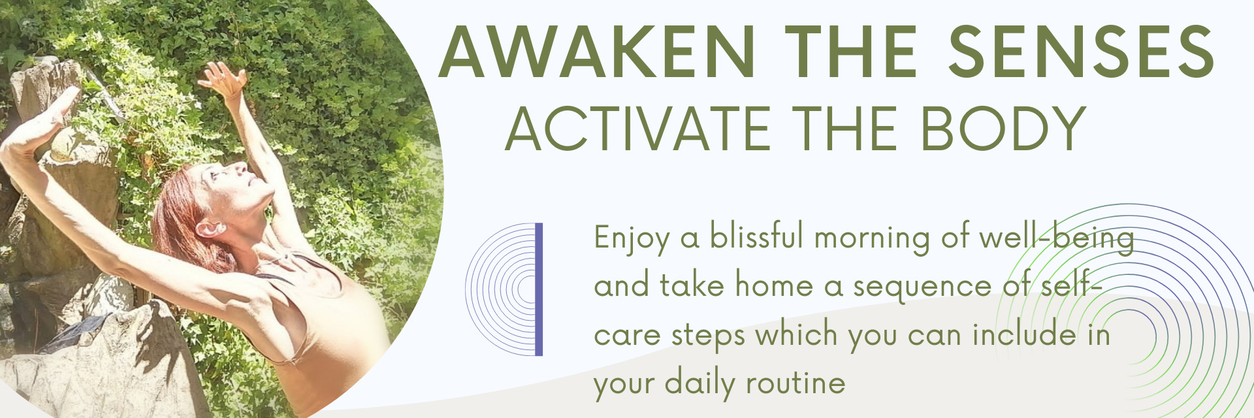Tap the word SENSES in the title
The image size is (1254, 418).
[1081, 52]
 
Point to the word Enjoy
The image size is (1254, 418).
[631, 239]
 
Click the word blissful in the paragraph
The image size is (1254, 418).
[756, 236]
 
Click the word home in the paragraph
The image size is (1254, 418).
[774, 285]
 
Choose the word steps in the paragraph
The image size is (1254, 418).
[708, 336]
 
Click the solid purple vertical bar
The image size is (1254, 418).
[539, 289]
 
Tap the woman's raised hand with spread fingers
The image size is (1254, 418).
[223, 78]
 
